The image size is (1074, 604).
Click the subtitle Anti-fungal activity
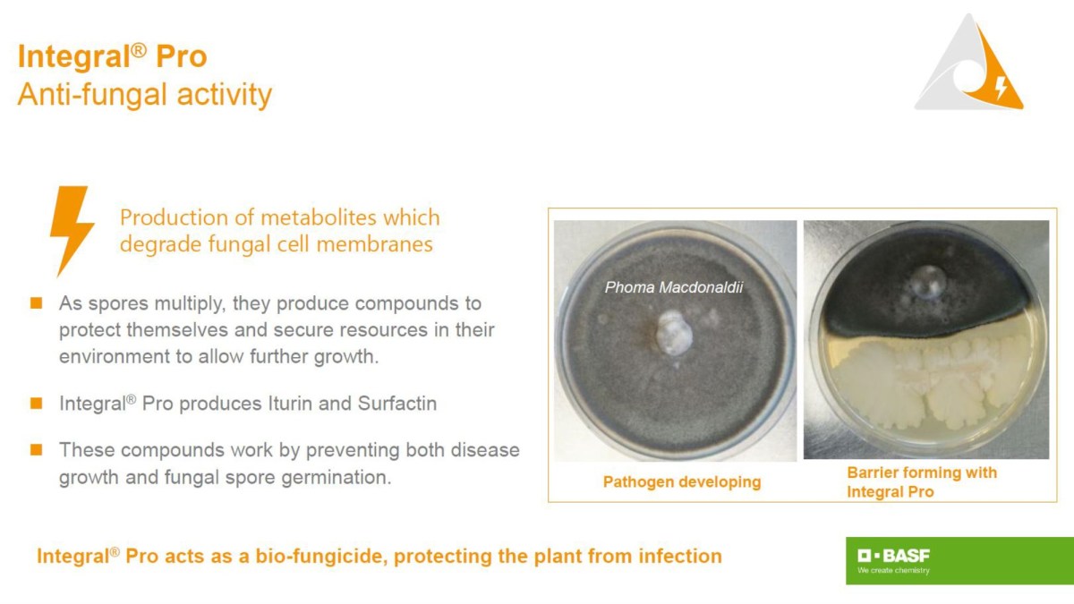[x=145, y=95]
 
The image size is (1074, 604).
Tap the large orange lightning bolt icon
[x=72, y=231]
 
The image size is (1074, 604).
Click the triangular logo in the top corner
[x=969, y=63]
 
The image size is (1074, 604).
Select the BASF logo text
[x=894, y=556]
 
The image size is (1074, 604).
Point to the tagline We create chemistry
[x=893, y=571]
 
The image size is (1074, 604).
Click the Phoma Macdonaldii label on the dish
[x=674, y=287]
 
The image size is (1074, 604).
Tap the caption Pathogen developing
[x=682, y=481]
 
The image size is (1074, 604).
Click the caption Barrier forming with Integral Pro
[x=922, y=482]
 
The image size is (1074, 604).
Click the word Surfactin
[x=397, y=404]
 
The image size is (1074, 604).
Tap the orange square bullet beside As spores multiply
[x=37, y=303]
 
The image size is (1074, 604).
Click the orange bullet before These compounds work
[x=37, y=449]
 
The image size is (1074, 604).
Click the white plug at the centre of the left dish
[x=674, y=332]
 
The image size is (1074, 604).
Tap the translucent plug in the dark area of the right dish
[x=928, y=283]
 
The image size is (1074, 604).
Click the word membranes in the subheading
[x=374, y=244]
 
